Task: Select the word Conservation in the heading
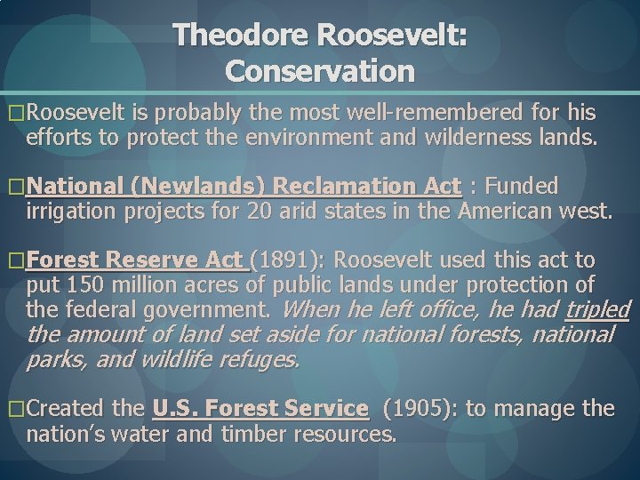tap(320, 69)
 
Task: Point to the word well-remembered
tap(422, 114)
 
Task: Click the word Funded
tap(524, 187)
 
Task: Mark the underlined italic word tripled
tap(597, 309)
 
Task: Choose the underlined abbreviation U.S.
tap(177, 409)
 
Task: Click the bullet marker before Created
tap(16, 410)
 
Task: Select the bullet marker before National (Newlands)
tap(16, 188)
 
